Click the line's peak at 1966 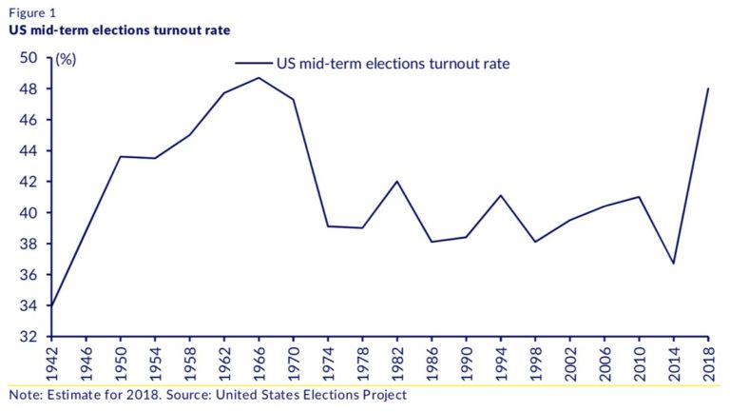click(259, 78)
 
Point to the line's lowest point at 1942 click(51, 306)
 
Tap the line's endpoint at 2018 click(708, 89)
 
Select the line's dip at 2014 click(674, 264)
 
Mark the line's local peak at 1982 click(397, 182)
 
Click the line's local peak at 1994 click(501, 195)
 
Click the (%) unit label click(66, 59)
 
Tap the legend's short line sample click(253, 64)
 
